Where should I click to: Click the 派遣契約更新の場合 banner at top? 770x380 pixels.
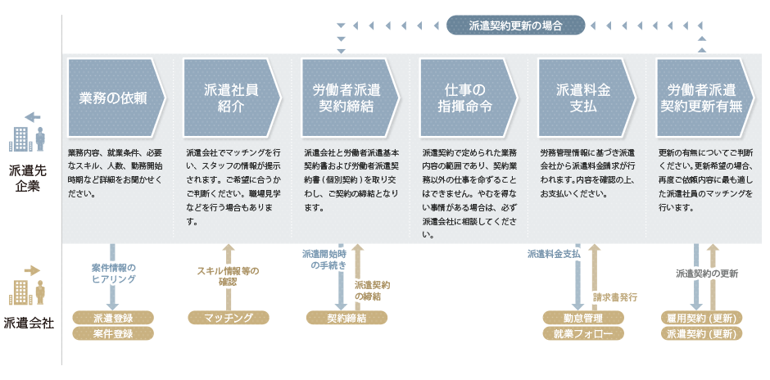516,26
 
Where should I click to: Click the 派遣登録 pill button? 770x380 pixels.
113,318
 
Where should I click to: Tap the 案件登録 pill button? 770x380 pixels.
113,333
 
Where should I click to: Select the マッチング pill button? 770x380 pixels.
229,318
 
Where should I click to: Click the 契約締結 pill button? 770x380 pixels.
346,318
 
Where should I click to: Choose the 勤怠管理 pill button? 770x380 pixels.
583,318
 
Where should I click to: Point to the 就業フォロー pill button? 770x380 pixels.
583,333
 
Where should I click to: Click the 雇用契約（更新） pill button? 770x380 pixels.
701,318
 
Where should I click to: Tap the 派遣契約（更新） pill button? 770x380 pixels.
701,333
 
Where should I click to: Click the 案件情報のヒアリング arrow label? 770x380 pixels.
113,273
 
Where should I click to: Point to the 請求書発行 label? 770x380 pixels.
615,297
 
